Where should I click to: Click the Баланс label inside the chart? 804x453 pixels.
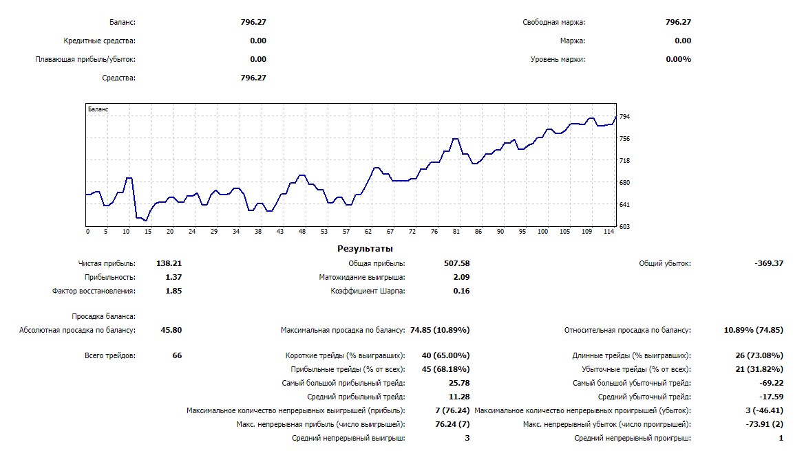(x=98, y=109)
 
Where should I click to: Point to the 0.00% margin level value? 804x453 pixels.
(x=678, y=59)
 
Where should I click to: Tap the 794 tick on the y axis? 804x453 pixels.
(x=625, y=117)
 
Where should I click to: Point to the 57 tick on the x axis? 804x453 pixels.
(x=346, y=232)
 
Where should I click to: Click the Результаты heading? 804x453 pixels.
(x=365, y=249)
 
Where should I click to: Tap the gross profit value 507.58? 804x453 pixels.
(x=456, y=263)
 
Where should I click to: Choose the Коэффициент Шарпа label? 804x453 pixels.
(x=368, y=291)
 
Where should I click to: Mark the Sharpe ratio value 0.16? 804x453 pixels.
(x=461, y=291)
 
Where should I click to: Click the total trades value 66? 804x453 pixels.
(x=177, y=356)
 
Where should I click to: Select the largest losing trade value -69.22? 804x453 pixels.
(x=771, y=383)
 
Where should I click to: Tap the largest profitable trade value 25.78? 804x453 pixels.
(x=459, y=383)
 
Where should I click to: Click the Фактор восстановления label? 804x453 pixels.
(x=94, y=291)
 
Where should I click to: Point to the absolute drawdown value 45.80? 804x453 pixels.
(x=171, y=330)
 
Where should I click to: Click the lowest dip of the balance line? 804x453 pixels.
(x=145, y=220)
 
